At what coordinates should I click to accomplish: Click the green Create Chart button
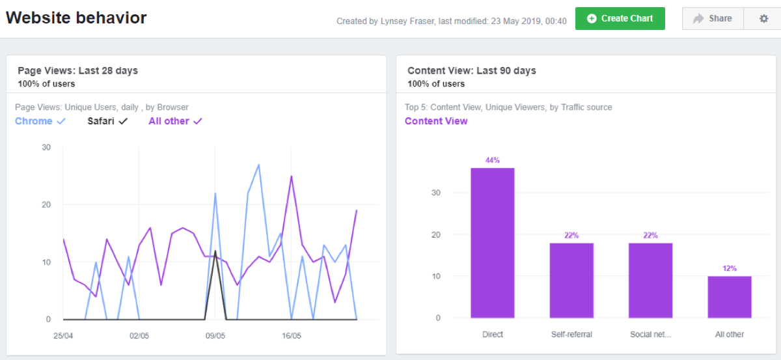click(620, 18)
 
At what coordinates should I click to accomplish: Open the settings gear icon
click(764, 18)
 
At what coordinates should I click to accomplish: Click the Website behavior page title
click(76, 18)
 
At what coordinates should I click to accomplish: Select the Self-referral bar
click(571, 281)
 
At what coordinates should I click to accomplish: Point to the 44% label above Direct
click(493, 160)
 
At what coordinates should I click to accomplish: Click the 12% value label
click(730, 268)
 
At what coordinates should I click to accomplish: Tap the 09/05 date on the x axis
click(215, 337)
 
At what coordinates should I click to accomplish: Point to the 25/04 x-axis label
click(63, 337)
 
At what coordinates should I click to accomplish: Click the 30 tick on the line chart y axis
click(46, 147)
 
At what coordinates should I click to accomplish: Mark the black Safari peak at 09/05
click(215, 251)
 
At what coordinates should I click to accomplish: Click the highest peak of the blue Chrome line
click(259, 165)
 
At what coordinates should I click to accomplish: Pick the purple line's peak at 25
click(291, 176)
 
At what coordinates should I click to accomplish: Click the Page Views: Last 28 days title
click(77, 71)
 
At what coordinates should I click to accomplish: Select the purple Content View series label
click(436, 121)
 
